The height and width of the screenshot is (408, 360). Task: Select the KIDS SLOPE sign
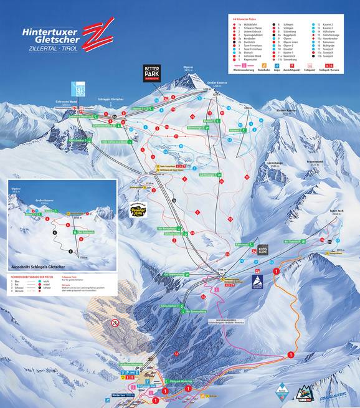point(262,250)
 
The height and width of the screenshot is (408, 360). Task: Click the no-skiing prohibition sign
point(115,323)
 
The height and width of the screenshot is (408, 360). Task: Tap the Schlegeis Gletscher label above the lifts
point(113,99)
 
